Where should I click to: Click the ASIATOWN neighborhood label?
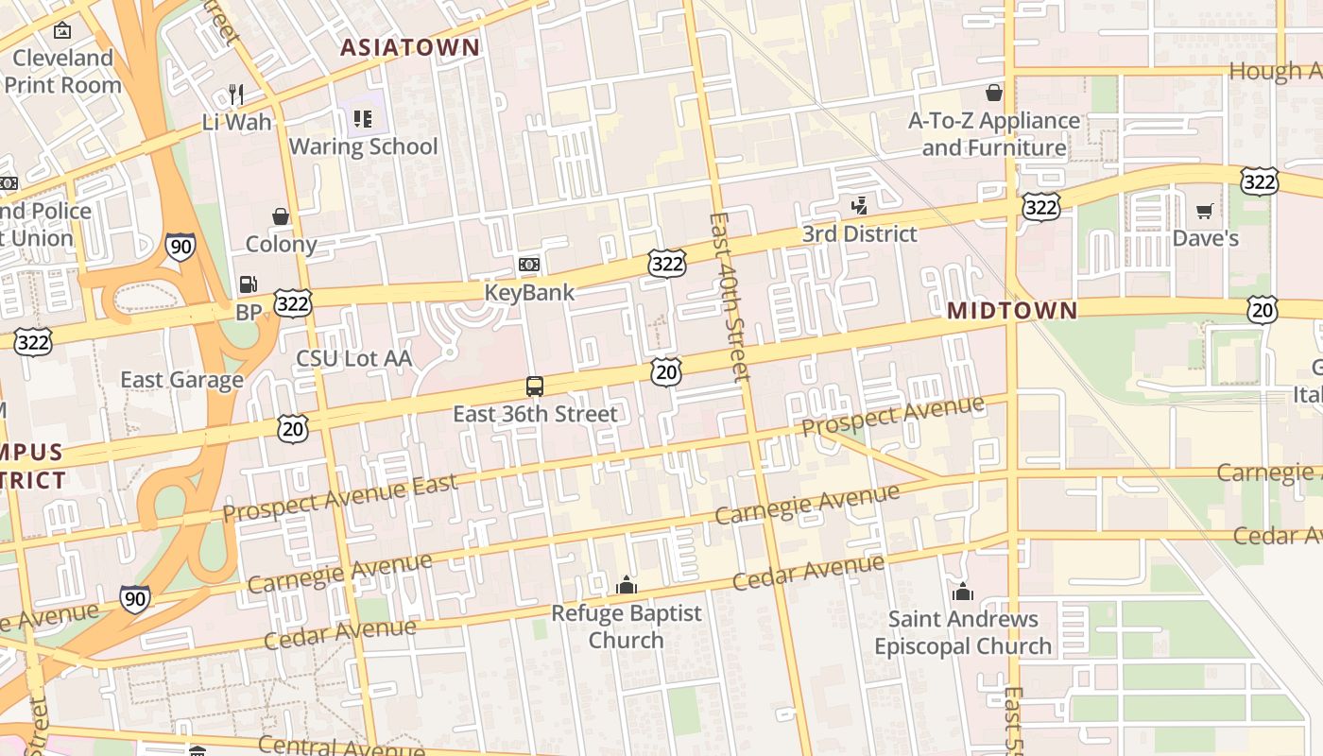pyautogui.click(x=410, y=47)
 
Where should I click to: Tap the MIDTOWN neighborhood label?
pyautogui.click(x=1012, y=311)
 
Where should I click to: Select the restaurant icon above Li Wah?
pyautogui.click(x=236, y=94)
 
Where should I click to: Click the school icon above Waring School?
pyautogui.click(x=363, y=118)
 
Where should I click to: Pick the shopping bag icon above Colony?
pyautogui.click(x=281, y=216)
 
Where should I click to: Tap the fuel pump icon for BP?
pyautogui.click(x=248, y=283)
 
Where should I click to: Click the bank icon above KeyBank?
pyautogui.click(x=529, y=265)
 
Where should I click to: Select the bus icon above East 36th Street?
pyautogui.click(x=535, y=386)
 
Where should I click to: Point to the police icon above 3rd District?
pyautogui.click(x=859, y=205)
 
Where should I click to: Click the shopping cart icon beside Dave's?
pyautogui.click(x=1205, y=211)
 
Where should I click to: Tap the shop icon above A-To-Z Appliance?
pyautogui.click(x=994, y=93)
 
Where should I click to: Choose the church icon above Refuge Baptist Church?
pyautogui.click(x=626, y=586)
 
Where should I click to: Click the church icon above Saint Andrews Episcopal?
pyautogui.click(x=963, y=593)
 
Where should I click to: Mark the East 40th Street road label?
pyautogui.click(x=730, y=296)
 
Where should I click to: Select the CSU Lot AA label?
pyautogui.click(x=354, y=358)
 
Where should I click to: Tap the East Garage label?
pyautogui.click(x=181, y=380)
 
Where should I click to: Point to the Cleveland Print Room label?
pyautogui.click(x=63, y=71)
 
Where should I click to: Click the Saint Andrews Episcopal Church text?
pyautogui.click(x=963, y=633)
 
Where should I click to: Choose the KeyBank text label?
pyautogui.click(x=529, y=293)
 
